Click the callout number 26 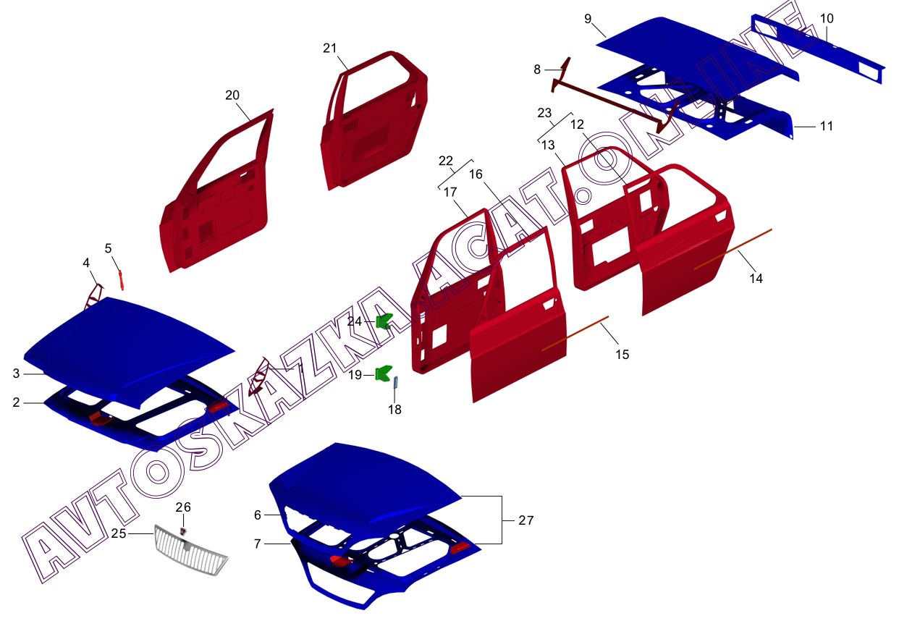(183, 507)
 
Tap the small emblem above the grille (183, 531)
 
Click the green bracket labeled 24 (384, 320)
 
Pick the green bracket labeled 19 (384, 374)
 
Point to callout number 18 (394, 410)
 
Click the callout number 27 (526, 520)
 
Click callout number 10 (827, 18)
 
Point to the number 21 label (330, 48)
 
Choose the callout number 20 (232, 96)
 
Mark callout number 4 (86, 263)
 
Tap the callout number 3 (16, 373)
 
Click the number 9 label (588, 18)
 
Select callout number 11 (827, 126)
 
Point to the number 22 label (445, 160)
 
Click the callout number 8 (536, 69)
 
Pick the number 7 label (257, 543)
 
